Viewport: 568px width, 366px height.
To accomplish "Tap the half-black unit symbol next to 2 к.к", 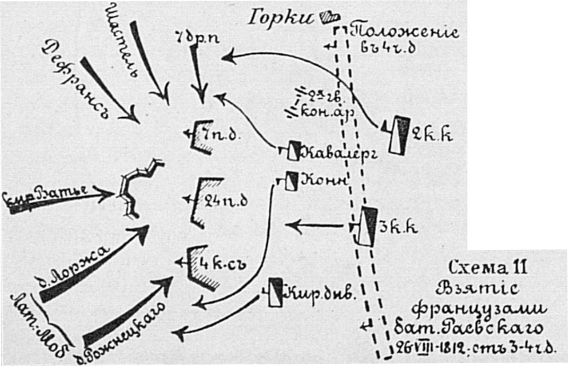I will [398, 134].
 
